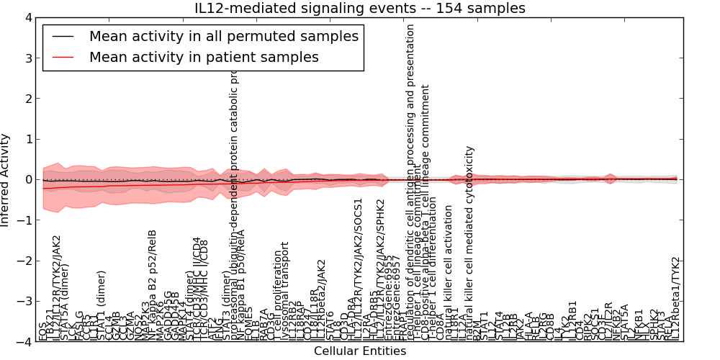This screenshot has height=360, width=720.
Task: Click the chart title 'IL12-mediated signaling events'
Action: pos(360,9)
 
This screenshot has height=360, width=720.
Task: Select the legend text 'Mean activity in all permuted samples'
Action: pos(223,36)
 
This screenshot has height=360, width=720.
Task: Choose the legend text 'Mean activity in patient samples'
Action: pos(204,57)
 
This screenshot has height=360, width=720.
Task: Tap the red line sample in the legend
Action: pos(63,57)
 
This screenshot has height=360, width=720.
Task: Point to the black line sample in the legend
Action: pos(63,36)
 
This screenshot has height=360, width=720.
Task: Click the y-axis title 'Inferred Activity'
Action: pos(6,179)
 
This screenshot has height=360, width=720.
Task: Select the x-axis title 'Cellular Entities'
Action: pos(360,351)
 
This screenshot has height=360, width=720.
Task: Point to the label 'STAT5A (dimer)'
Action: pos(65,302)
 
